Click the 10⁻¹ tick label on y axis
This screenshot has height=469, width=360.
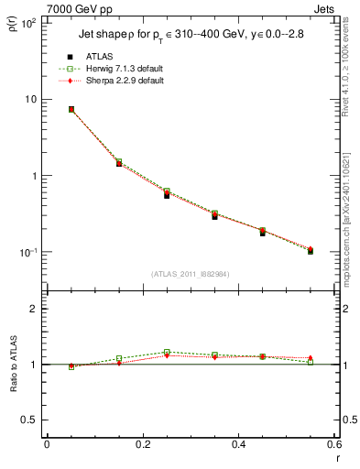point(29,252)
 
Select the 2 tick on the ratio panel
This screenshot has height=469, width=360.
point(36,310)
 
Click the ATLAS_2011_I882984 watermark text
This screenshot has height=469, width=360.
point(191,273)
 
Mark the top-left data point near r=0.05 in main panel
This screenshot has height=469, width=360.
point(71,109)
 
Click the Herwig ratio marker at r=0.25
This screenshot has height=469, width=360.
point(167,352)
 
